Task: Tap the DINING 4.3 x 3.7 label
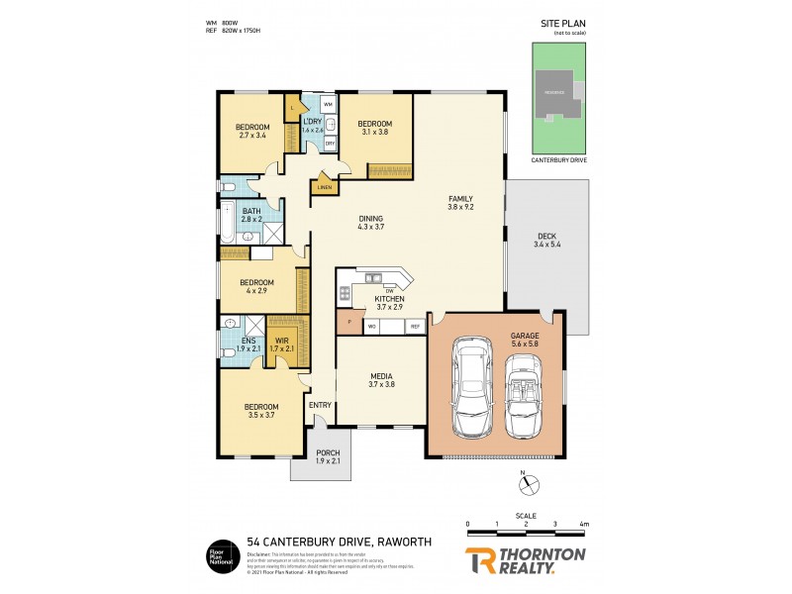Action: point(369,224)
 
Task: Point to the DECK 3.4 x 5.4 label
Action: point(546,241)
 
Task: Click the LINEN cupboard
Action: point(325,187)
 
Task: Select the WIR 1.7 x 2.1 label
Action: point(282,345)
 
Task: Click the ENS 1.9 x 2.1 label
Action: point(248,345)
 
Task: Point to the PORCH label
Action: point(328,456)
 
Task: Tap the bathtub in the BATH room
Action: point(227,223)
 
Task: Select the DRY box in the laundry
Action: point(330,144)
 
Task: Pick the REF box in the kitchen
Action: point(416,326)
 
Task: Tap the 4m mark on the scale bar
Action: point(585,524)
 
